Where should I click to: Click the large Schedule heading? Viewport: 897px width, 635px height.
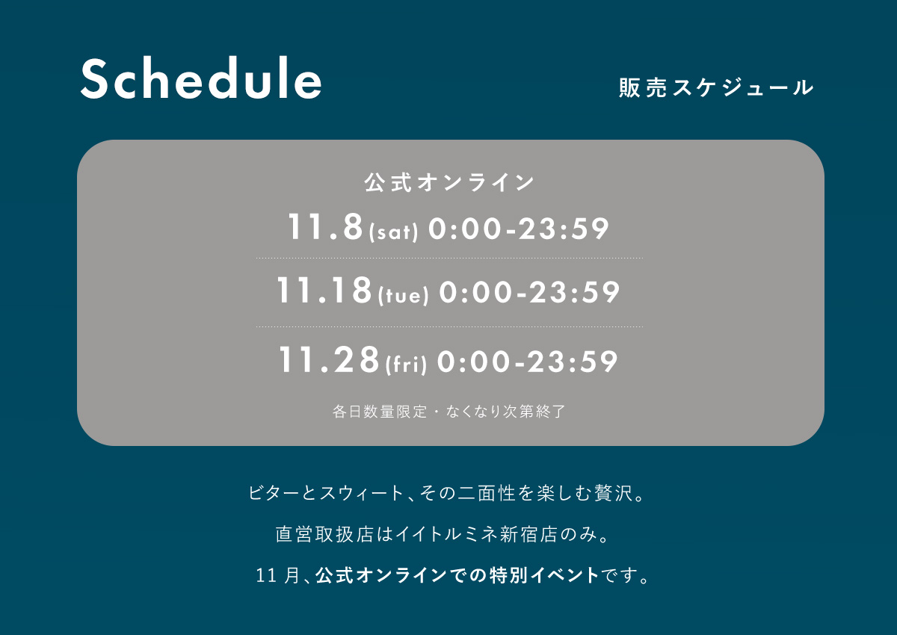tap(201, 78)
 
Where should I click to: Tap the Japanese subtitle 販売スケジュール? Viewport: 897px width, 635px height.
tap(716, 87)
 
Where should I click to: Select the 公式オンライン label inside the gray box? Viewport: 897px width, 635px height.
tap(449, 182)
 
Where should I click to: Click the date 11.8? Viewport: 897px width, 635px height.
tap(325, 227)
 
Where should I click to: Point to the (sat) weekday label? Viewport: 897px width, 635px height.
tap(394, 232)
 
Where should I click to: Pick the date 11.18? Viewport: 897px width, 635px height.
tap(324, 290)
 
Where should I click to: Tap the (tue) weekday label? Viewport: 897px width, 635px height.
tap(403, 295)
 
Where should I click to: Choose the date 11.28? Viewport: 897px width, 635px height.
tap(329, 359)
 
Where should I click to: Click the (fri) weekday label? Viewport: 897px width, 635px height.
tap(406, 364)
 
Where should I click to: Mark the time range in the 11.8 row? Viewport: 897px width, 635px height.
tap(519, 229)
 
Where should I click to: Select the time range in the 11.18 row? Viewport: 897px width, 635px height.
tap(529, 291)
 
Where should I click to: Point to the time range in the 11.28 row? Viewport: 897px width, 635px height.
tap(528, 362)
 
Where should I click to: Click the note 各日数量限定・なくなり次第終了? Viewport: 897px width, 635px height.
tap(449, 412)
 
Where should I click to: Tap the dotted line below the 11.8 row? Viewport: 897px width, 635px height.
tap(449, 258)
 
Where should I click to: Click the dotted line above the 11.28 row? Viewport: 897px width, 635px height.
tap(449, 326)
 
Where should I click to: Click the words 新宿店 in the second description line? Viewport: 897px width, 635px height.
tap(529, 535)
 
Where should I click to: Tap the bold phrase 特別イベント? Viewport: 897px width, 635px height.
tap(545, 575)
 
